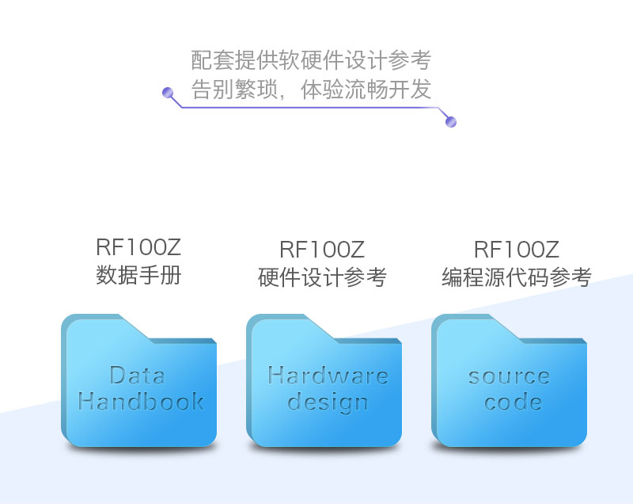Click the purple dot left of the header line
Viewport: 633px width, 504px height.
coord(168,93)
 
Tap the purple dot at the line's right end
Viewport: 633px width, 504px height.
coord(451,122)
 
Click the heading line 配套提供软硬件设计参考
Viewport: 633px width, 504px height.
coord(311,60)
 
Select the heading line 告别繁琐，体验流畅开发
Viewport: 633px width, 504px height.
coord(311,89)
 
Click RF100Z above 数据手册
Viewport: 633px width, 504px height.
coord(138,248)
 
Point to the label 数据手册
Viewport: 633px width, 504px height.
coord(138,276)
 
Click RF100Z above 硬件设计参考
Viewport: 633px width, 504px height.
coord(322,250)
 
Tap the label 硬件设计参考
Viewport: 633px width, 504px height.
coord(322,277)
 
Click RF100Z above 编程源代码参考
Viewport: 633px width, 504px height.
coord(516,250)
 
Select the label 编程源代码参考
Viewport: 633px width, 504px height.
coord(516,277)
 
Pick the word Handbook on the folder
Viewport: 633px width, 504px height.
coord(141,402)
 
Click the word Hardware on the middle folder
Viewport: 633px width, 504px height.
coord(328,375)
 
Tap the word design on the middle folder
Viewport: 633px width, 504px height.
coord(328,403)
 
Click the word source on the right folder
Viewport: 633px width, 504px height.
coord(509,376)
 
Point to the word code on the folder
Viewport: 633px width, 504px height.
coord(513,403)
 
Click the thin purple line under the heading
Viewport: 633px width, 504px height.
coord(309,108)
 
